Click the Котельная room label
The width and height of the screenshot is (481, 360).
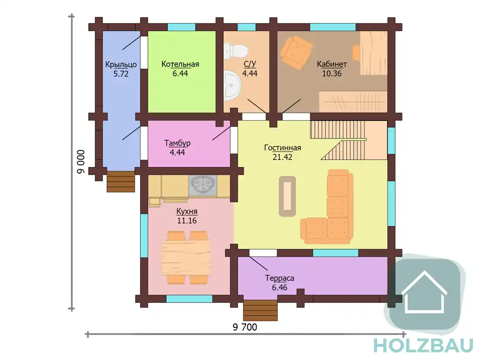coord(180,64)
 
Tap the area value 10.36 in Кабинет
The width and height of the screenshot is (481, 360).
coord(332,74)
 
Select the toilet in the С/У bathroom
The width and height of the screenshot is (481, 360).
coord(235,51)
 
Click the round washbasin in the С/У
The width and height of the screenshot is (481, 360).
coord(233,86)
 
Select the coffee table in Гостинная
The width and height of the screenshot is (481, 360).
coord(287,196)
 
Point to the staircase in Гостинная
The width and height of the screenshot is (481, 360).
coord(343,140)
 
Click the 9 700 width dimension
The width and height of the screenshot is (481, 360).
coord(245,327)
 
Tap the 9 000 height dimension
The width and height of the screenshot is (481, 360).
coord(81,162)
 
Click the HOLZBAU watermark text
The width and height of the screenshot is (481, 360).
coord(424,345)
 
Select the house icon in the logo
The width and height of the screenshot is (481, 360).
coord(425,292)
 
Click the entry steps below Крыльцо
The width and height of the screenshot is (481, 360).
coord(121,182)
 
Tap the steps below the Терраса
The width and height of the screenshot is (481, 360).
coord(260,310)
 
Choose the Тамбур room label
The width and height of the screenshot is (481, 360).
coord(177,143)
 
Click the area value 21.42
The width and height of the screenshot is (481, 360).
coord(282,157)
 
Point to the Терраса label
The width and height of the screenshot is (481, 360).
coord(279,278)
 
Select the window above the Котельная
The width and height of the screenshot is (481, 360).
coord(182,27)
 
